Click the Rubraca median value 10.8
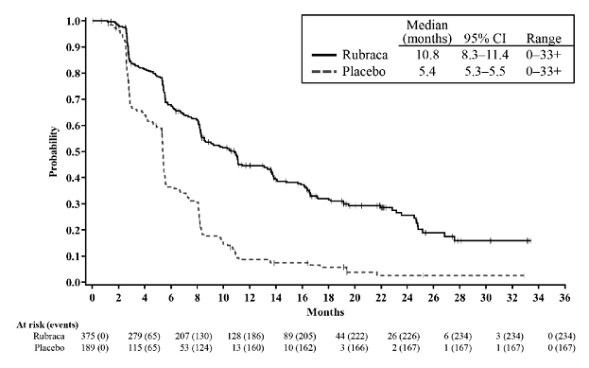coord(432,55)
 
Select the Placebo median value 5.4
coord(432,72)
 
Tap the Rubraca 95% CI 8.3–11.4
coord(484,55)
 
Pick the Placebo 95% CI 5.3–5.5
coord(484,72)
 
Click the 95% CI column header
coord(483,39)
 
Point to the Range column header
coord(544,39)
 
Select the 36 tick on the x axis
coord(563,297)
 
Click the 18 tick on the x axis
coord(328,297)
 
